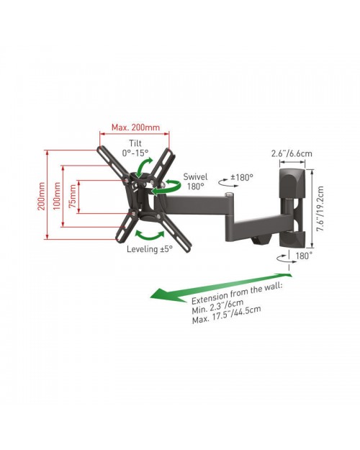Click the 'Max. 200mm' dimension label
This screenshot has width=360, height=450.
pyautogui.click(x=135, y=127)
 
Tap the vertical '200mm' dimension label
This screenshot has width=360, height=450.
pyautogui.click(x=42, y=196)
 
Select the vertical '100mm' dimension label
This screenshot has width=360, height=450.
pyautogui.click(x=57, y=196)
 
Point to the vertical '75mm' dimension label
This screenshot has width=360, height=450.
pyautogui.click(x=73, y=196)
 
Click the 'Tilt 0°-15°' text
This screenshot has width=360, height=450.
pyautogui.click(x=135, y=148)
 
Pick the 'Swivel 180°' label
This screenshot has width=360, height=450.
pyautogui.click(x=196, y=181)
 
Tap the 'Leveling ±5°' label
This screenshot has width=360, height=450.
pyautogui.click(x=150, y=249)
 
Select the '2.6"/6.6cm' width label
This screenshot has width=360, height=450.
pyautogui.click(x=292, y=153)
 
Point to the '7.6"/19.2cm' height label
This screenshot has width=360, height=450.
pyautogui.click(x=320, y=208)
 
